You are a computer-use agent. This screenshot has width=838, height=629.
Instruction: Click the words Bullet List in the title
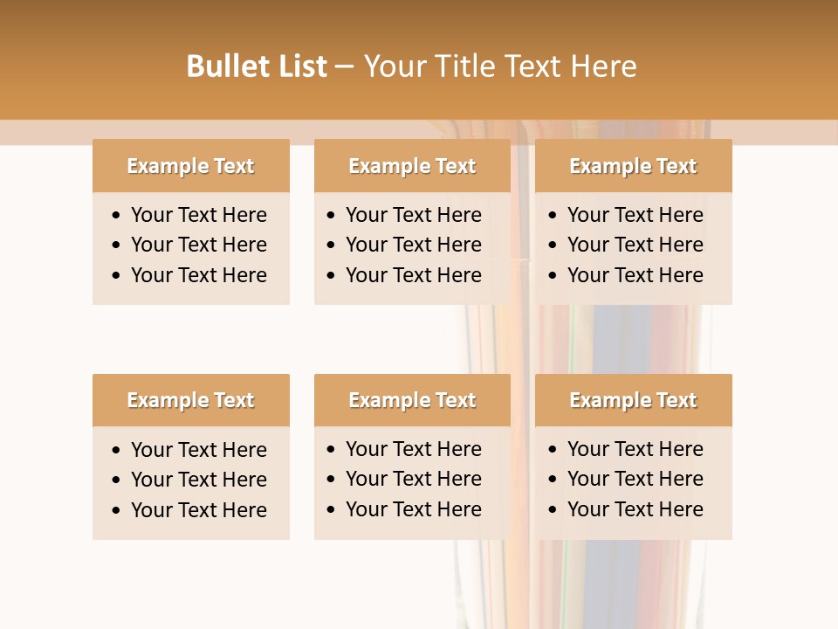[257, 66]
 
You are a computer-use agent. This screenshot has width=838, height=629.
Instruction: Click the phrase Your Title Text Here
[500, 66]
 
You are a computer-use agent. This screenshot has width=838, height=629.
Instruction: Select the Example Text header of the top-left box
[190, 166]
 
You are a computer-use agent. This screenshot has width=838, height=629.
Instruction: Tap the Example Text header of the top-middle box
[412, 166]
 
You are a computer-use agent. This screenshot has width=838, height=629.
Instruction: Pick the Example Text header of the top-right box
[633, 166]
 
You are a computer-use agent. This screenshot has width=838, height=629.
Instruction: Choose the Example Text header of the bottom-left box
[190, 400]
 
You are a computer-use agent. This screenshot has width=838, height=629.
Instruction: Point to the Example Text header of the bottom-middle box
[412, 400]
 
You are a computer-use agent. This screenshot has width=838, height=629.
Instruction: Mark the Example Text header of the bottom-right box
[633, 400]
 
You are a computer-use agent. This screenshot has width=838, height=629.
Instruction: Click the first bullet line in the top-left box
[199, 215]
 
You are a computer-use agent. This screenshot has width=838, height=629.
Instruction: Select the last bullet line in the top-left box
[199, 275]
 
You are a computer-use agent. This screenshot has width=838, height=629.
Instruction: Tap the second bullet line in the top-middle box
[414, 245]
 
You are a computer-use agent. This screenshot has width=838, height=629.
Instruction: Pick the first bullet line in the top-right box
[635, 215]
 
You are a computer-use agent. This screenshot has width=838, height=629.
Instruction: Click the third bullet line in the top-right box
[635, 275]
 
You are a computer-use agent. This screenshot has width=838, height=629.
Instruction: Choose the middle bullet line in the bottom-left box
[199, 480]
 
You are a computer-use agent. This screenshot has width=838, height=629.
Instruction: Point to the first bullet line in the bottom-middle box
[414, 449]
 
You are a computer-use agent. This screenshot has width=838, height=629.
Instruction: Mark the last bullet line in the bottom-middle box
[414, 509]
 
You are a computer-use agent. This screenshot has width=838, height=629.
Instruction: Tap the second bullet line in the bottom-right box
[635, 479]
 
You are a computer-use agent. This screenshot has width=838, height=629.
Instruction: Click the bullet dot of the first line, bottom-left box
[117, 451]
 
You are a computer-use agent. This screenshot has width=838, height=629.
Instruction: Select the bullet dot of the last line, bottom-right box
[553, 510]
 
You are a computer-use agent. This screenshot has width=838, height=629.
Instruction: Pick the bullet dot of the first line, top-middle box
[332, 216]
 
